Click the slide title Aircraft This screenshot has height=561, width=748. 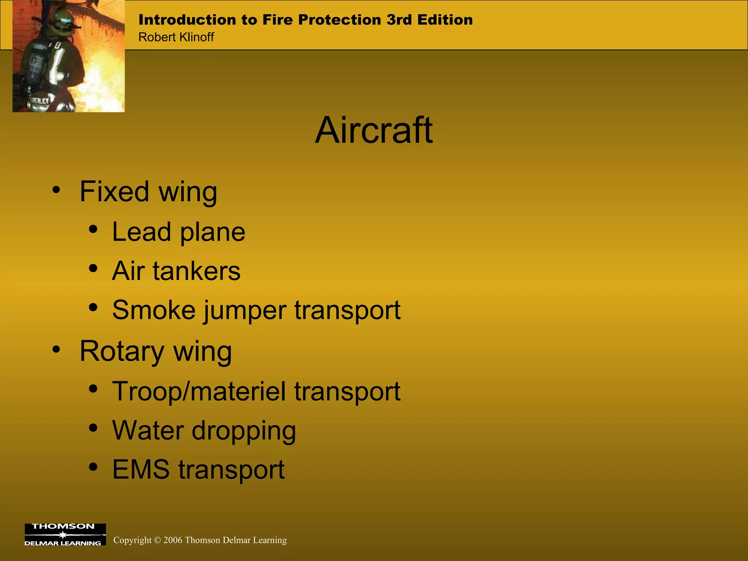tap(374, 130)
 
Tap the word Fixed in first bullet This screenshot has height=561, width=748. tap(114, 191)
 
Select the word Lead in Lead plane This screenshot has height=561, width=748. tap(141, 232)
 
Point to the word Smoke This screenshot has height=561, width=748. tap(153, 310)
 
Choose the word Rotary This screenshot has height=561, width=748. tap(122, 351)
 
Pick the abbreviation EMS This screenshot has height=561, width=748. tap(141, 469)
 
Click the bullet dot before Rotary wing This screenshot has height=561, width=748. tap(56, 350)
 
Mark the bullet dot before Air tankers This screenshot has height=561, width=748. tap(93, 269)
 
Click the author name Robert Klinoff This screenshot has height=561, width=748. tap(176, 37)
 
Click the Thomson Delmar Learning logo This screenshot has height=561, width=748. tap(65, 535)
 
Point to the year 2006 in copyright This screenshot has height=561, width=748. tap(173, 540)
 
